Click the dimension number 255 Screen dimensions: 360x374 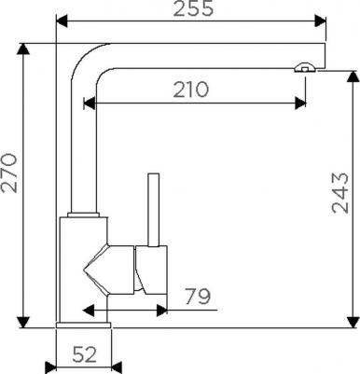(193, 8)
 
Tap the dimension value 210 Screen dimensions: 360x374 (190, 90)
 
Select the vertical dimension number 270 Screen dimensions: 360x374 (9, 173)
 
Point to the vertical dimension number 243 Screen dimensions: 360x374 (340, 193)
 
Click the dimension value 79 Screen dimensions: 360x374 (198, 297)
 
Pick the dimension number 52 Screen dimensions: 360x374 (85, 354)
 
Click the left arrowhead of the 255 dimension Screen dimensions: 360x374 (62, 21)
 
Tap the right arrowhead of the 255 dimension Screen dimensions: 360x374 (320, 21)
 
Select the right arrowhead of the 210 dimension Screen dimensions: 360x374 (300, 104)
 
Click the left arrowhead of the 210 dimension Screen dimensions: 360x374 (90, 104)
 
